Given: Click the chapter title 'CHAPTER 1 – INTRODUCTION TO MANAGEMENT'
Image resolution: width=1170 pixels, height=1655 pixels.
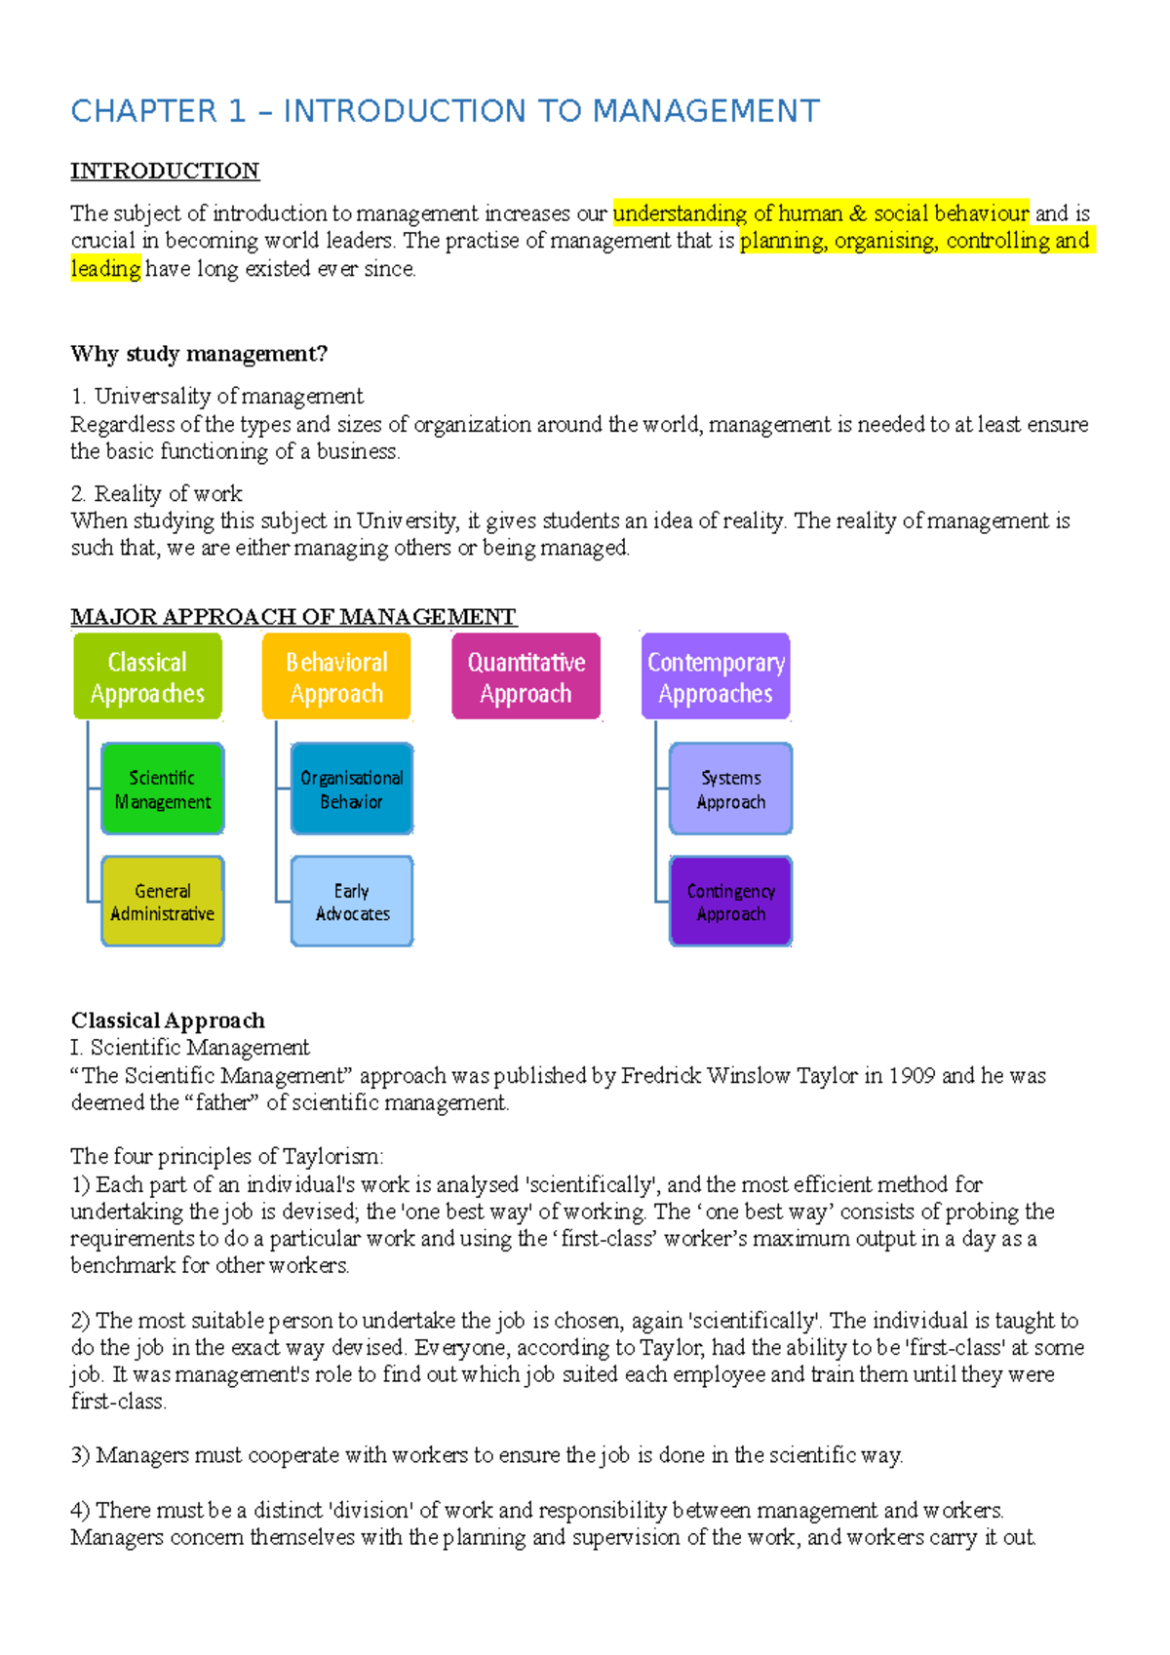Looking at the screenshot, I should tap(445, 111).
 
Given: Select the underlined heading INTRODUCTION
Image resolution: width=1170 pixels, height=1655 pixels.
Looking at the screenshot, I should tap(165, 172).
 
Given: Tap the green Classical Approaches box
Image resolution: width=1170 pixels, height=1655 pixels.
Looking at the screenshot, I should tap(147, 677).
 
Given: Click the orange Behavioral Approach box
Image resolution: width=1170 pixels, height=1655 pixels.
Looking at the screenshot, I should tap(336, 677).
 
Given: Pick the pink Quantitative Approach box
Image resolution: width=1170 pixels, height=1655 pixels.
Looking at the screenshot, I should tap(526, 677).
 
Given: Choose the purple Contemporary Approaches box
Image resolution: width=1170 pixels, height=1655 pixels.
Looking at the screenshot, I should tap(716, 677).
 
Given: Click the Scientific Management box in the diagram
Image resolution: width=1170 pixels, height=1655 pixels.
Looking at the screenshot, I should tap(163, 789).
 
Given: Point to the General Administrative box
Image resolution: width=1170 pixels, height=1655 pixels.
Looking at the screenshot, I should tap(163, 902).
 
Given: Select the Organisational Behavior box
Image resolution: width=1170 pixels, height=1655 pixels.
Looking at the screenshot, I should tap(352, 789).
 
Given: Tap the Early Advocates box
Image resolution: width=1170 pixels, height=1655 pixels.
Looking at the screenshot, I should tap(352, 902).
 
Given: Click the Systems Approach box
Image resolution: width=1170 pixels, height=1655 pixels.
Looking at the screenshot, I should tap(730, 789).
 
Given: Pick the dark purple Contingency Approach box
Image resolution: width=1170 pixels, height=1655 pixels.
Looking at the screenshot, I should tap(730, 902).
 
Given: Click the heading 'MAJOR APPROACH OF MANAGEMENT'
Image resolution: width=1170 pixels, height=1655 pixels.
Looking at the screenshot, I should tap(293, 617).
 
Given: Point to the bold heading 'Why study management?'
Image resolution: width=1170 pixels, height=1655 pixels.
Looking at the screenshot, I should tap(199, 354).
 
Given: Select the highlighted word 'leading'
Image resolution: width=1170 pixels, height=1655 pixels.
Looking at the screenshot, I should tap(106, 269).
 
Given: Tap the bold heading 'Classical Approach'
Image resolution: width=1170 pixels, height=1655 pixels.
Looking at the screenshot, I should tap(168, 1020).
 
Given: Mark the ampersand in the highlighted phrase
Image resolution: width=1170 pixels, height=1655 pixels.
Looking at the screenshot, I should tap(858, 213).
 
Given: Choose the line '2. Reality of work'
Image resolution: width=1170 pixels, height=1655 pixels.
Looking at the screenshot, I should tap(156, 494).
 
